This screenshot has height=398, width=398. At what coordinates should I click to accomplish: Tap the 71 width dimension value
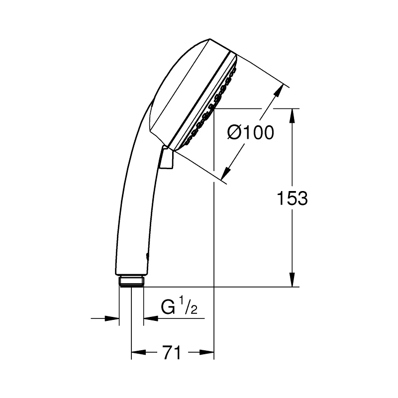click(172, 353)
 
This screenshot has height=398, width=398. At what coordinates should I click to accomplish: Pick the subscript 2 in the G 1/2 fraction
click(194, 311)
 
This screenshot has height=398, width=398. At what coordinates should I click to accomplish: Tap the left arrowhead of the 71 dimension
click(137, 353)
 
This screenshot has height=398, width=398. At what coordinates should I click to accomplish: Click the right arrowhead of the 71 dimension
click(207, 353)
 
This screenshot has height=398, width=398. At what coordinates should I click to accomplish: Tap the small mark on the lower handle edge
click(146, 257)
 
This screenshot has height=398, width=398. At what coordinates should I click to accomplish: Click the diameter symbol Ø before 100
click(235, 133)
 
